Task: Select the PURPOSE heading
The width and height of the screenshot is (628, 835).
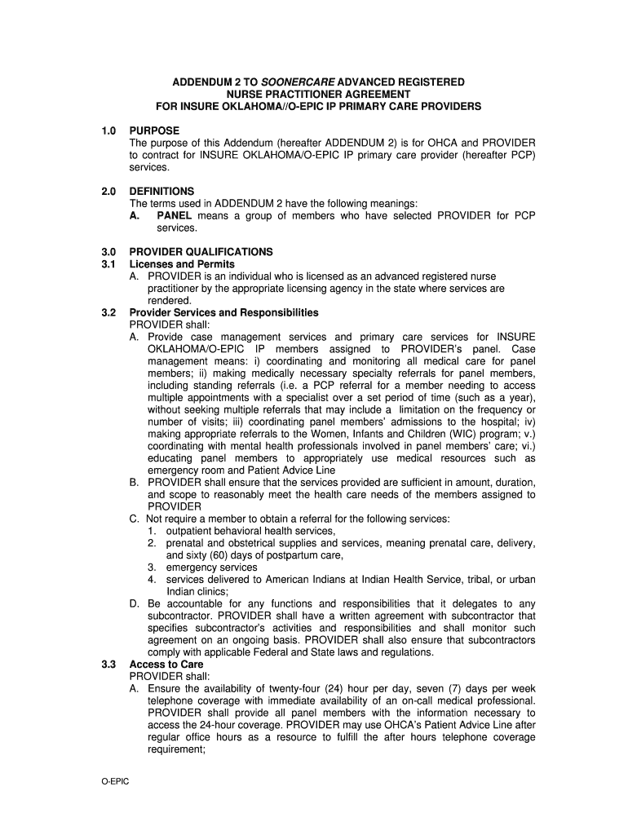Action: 154,130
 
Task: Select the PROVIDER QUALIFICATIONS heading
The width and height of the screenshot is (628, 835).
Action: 201,252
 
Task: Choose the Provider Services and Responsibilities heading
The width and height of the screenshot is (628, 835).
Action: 223,312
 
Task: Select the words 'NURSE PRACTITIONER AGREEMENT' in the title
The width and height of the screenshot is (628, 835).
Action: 318,95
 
